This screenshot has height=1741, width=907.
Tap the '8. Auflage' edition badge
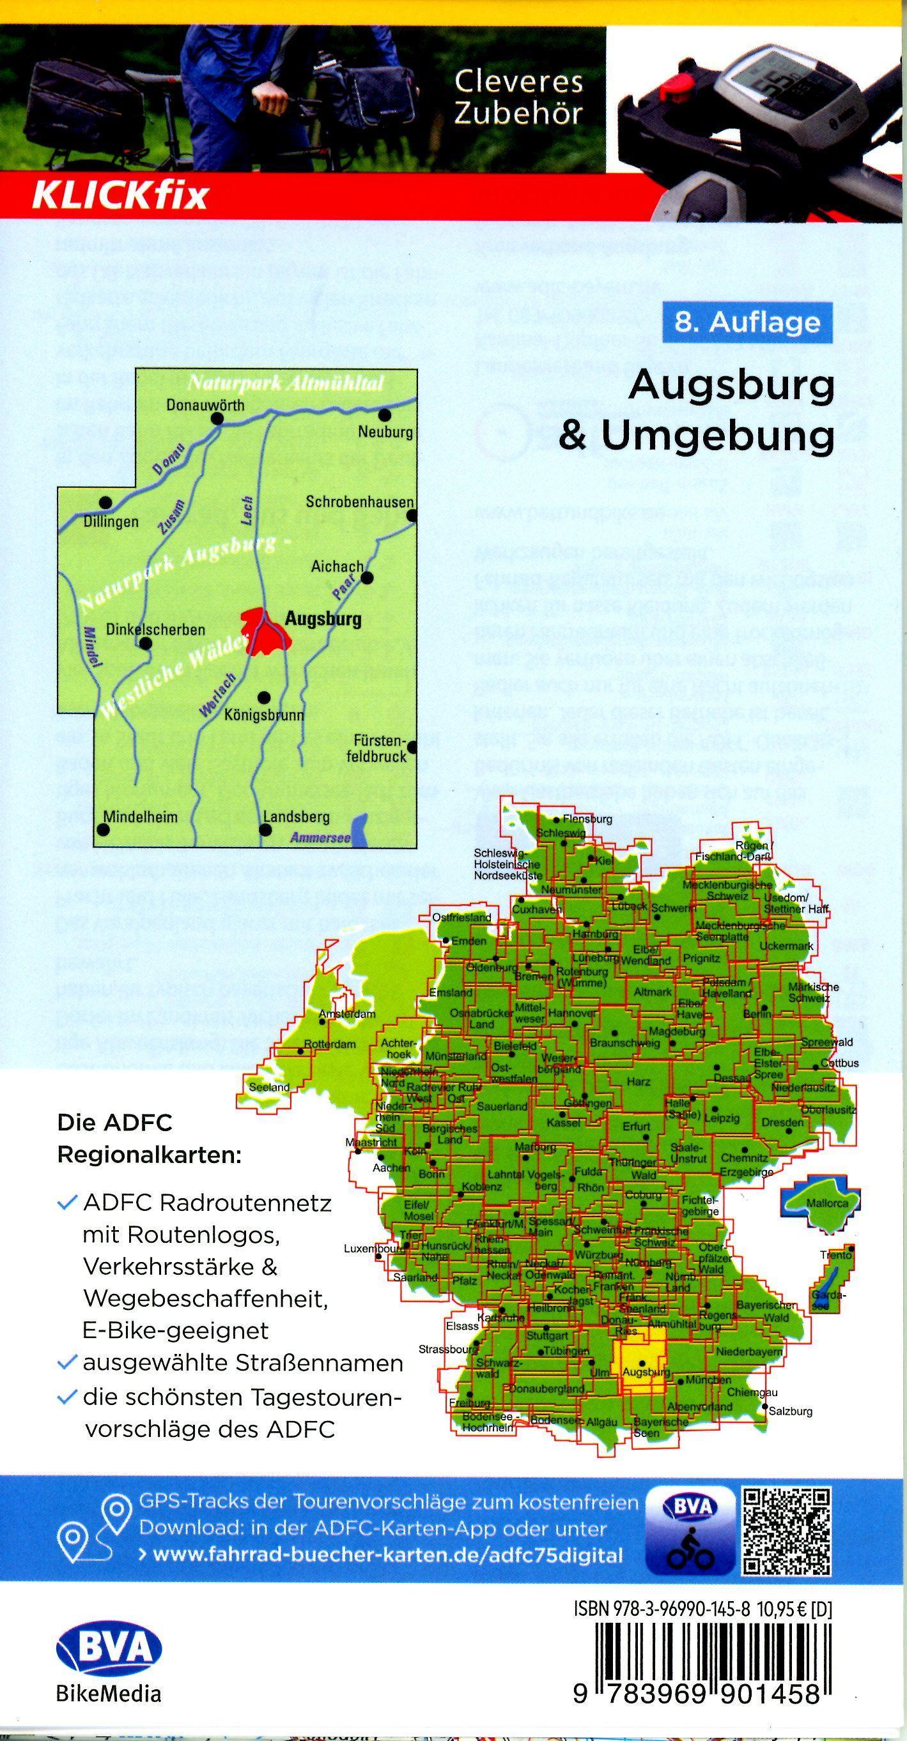747,322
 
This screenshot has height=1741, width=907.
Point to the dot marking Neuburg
385,414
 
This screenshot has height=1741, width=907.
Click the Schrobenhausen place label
359,502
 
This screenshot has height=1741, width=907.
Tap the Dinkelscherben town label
155,629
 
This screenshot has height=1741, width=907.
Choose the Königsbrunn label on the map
265,715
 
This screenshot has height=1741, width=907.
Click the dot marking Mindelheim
104,829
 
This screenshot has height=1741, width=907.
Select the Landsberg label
296,816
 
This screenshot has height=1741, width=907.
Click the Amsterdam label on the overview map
347,1014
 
